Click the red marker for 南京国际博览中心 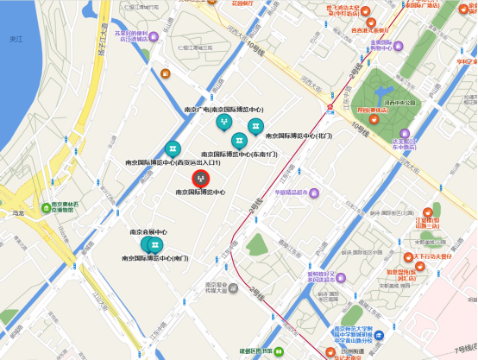(201, 178)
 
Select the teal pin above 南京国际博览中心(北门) (255, 126)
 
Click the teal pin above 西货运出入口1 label (173, 148)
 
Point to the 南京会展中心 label (148, 232)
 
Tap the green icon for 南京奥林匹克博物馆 (45, 208)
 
